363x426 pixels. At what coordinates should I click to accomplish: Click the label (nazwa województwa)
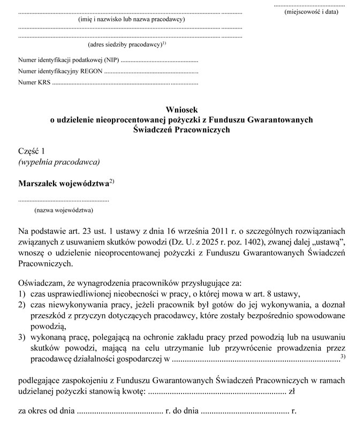(64, 210)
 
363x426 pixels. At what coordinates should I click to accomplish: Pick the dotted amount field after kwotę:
(216, 392)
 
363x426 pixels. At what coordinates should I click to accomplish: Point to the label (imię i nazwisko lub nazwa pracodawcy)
(131, 19)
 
